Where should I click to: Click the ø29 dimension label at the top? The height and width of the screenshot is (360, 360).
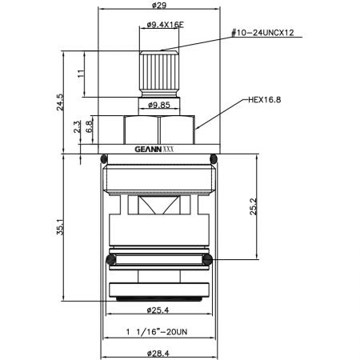(x=159, y=5)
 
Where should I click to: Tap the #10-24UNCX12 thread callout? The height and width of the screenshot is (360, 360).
(x=262, y=33)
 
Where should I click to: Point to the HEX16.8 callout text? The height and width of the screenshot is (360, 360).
(x=265, y=100)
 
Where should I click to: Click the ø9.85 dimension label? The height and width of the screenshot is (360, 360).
(x=159, y=105)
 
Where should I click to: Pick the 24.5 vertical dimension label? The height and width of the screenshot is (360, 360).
(x=61, y=102)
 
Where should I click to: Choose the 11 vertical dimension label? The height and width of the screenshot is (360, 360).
(x=81, y=74)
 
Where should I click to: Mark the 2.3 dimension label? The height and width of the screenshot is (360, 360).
(x=77, y=127)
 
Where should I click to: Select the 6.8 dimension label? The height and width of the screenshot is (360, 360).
(x=90, y=126)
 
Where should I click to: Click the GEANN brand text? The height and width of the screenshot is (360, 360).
(x=148, y=150)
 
